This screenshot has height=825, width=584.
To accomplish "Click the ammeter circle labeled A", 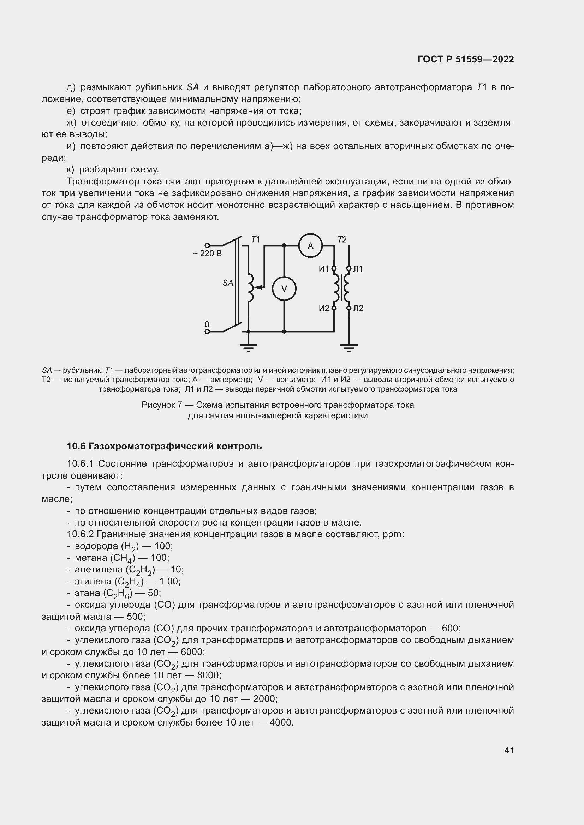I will click(310, 246).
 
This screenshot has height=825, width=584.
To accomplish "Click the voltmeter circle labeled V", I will click(284, 289).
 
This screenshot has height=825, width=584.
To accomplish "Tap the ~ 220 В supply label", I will click(207, 254).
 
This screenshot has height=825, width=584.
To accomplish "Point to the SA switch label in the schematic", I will click(228, 283).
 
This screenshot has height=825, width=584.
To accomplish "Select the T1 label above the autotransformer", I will click(255, 239).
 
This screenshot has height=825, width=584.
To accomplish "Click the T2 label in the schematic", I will click(342, 239).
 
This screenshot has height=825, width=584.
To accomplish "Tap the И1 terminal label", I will click(324, 269).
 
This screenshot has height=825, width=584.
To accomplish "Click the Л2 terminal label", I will click(358, 308).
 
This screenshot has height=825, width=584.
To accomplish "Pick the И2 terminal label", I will click(324, 308).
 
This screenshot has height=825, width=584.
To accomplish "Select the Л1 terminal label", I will click(358, 269).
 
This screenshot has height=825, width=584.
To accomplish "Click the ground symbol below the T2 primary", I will click(349, 347).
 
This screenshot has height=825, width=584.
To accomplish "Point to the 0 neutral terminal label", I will click(207, 324).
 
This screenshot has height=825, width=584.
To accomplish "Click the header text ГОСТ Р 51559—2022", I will click(466, 60).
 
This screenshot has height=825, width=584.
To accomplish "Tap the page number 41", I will click(509, 750).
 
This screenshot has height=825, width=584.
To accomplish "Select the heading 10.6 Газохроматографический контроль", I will click(164, 446).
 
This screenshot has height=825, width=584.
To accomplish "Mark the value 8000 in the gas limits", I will click(209, 675).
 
